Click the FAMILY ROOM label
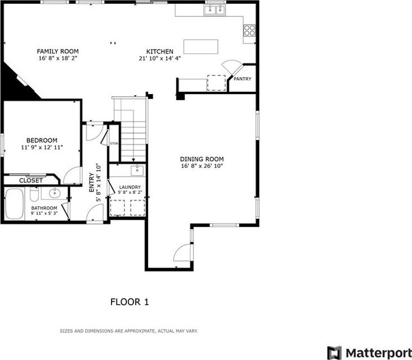pyautogui.click(x=57, y=51)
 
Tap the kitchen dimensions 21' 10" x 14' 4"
pyautogui.click(x=160, y=58)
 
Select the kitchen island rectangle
pyautogui.click(x=201, y=46)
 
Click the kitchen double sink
pyautogui.click(x=215, y=10)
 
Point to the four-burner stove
pyautogui.click(x=249, y=30)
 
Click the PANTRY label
pyautogui.click(x=242, y=79)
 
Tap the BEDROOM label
pyautogui.click(x=42, y=140)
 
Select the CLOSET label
pyautogui.click(x=31, y=181)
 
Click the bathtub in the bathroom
pyautogui.click(x=14, y=203)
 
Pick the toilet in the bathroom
pyautogui.click(x=34, y=194)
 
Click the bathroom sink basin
pyautogui.click(x=55, y=194)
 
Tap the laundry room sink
pyautogui.click(x=137, y=171)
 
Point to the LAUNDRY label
pyautogui.click(x=130, y=187)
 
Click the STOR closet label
pyautogui.click(x=114, y=144)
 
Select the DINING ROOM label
pyautogui.click(x=202, y=159)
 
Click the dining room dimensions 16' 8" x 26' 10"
pyautogui.click(x=202, y=166)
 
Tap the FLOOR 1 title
pyautogui.click(x=130, y=302)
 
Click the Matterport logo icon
pyautogui.click(x=334, y=353)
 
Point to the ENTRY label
pyautogui.click(x=91, y=182)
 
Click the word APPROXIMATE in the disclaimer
pyautogui.click(x=139, y=331)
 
